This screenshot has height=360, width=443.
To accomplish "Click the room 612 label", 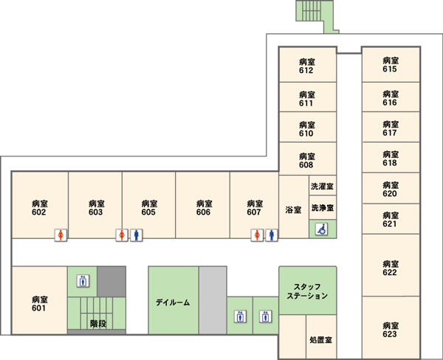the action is [x=307, y=66].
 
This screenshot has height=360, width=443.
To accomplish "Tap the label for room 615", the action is [x=391, y=65].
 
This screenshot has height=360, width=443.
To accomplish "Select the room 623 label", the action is [x=391, y=330].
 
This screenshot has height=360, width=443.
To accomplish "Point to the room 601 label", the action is [x=39, y=304].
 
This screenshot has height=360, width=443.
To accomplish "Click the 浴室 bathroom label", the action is [x=293, y=210].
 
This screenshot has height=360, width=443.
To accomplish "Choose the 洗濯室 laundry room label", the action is [x=322, y=187].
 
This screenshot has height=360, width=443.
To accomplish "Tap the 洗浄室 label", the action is [x=323, y=208].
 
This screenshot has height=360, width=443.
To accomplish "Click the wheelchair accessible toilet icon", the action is [x=321, y=229].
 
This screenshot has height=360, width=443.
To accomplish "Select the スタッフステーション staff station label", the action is [x=307, y=291].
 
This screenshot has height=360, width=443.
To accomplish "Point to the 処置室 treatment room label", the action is [x=320, y=339].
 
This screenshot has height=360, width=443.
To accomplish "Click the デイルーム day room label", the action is [x=173, y=302].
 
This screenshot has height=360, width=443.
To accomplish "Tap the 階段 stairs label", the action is [x=98, y=324].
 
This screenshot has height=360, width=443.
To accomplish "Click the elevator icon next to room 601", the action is [x=83, y=281].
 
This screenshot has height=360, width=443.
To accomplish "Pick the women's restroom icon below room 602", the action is [x=61, y=235].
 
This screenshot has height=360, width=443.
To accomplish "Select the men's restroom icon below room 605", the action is [x=137, y=235].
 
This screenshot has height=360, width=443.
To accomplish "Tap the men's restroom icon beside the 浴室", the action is [x=272, y=235].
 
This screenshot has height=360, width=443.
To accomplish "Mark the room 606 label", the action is [x=204, y=208].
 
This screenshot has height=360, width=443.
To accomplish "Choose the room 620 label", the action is [x=391, y=189].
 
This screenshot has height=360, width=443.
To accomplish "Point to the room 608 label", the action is [x=307, y=160].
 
